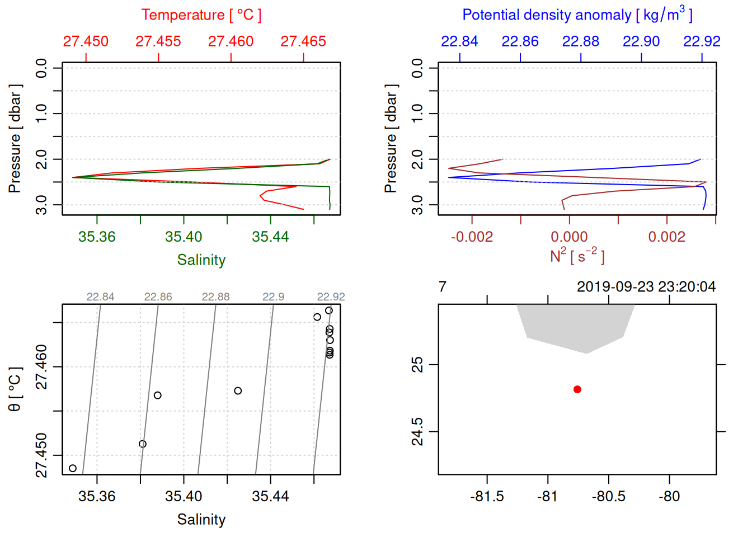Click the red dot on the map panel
(577, 389)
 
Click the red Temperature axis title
(201, 15)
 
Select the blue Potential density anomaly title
(577, 15)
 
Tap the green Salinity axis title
(201, 260)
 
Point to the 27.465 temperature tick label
(303, 41)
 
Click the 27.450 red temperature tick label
(86, 41)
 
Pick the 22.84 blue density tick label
(459, 41)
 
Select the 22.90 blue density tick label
(641, 41)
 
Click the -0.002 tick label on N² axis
(472, 237)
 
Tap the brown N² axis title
(577, 256)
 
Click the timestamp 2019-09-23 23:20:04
(646, 287)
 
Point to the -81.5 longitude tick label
(487, 496)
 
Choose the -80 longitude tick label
(669, 496)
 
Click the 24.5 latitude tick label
(417, 432)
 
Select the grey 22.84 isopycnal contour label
(100, 297)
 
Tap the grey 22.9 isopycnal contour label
(273, 297)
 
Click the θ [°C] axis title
(15, 389)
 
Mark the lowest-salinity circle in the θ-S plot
(73, 468)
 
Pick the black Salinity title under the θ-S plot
(201, 520)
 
